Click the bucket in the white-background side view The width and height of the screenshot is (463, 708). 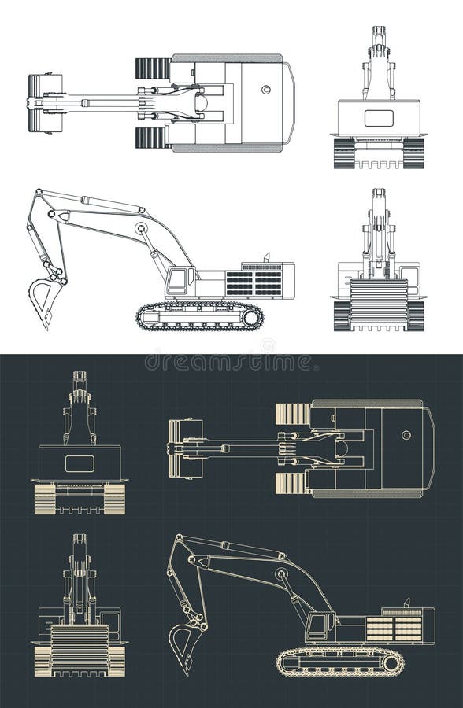[45, 299]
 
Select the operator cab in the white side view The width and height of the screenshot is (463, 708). [180, 280]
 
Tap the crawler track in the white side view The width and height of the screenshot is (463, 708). [200, 316]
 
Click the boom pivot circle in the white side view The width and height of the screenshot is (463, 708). [141, 229]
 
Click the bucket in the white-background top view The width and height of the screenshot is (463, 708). [44, 103]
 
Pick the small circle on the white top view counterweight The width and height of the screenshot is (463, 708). [266, 90]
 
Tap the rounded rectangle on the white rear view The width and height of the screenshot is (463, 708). [379, 118]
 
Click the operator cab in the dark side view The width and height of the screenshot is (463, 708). [319, 626]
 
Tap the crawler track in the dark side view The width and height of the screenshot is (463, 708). [339, 662]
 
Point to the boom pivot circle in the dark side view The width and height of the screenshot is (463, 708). [281, 574]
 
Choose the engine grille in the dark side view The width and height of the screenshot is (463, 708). [394, 628]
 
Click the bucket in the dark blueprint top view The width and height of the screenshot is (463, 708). [184, 448]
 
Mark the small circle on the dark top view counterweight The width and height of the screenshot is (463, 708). [406, 435]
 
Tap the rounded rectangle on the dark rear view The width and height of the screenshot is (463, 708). [80, 463]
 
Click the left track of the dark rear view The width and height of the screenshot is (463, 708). [45, 499]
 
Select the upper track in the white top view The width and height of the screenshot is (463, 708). [153, 68]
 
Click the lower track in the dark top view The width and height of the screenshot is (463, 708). [293, 483]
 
